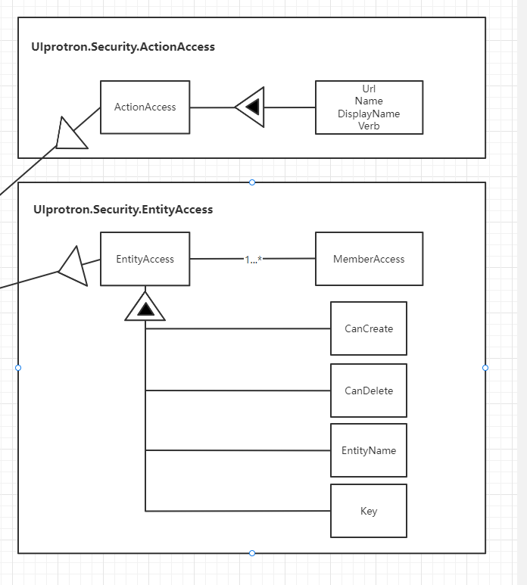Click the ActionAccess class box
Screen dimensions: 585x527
(x=145, y=107)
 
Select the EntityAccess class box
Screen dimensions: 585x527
(x=145, y=259)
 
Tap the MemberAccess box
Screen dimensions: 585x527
(x=369, y=259)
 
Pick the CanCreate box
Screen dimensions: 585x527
(x=369, y=328)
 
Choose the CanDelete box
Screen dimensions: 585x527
(x=369, y=391)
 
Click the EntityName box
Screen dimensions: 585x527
(x=369, y=450)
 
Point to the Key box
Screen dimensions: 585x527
(x=369, y=511)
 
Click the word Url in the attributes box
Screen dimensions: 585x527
(x=369, y=89)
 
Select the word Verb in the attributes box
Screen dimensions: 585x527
(x=369, y=126)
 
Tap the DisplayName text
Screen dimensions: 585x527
(x=369, y=114)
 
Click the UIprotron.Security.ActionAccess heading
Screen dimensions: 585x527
(x=123, y=47)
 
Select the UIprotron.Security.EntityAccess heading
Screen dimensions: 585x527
(x=123, y=210)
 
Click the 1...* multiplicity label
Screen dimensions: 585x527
(x=253, y=260)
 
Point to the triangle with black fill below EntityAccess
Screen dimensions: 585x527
(x=145, y=307)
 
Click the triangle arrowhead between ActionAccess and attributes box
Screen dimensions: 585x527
(x=251, y=107)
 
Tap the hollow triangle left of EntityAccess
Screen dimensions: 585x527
(x=74, y=267)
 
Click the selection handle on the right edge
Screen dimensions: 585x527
(x=485, y=368)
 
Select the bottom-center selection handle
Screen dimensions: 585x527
(x=252, y=553)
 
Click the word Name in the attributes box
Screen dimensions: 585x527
(x=369, y=101)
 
